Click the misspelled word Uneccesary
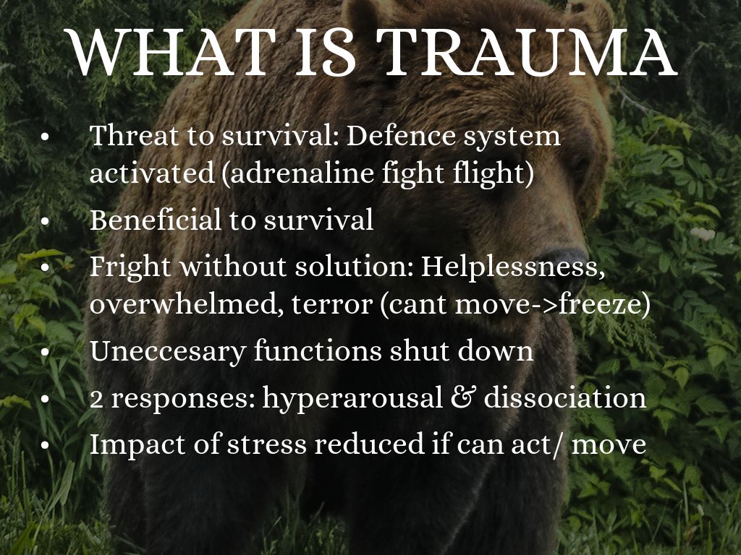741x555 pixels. click(x=168, y=352)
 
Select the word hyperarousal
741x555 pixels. click(x=352, y=398)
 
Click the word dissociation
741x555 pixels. click(x=565, y=397)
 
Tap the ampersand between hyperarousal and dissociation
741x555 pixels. click(x=464, y=398)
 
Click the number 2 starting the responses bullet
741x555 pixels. click(x=96, y=399)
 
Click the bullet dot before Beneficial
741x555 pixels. click(x=45, y=221)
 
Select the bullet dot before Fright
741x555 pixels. click(x=45, y=267)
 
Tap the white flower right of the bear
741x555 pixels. click(x=703, y=233)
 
